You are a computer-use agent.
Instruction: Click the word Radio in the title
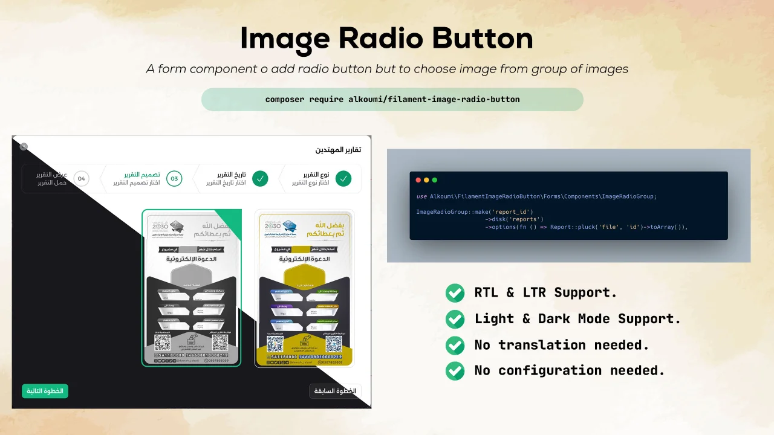pyautogui.click(x=374, y=39)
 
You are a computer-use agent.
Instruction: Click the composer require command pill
pyautogui.click(x=392, y=100)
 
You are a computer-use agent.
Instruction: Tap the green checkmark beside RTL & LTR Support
pyautogui.click(x=455, y=293)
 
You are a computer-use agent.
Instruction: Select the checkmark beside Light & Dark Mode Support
pyautogui.click(x=455, y=319)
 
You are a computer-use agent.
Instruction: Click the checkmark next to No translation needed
pyautogui.click(x=455, y=345)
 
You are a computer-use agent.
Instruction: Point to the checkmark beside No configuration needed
pyautogui.click(x=455, y=371)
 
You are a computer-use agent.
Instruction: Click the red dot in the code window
pyautogui.click(x=418, y=180)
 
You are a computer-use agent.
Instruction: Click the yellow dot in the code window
pyautogui.click(x=426, y=180)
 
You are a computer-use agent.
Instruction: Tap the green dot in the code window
pyautogui.click(x=434, y=180)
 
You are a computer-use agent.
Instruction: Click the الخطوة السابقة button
pyautogui.click(x=334, y=391)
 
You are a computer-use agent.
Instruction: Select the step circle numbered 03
pyautogui.click(x=174, y=179)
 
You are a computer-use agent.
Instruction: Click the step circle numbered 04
pyautogui.click(x=82, y=179)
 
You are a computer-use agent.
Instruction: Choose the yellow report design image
pyautogui.click(x=304, y=288)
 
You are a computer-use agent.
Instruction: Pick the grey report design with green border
pyautogui.click(x=192, y=288)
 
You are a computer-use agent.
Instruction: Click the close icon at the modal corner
pyautogui.click(x=24, y=147)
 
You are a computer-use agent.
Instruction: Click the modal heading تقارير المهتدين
pyautogui.click(x=338, y=150)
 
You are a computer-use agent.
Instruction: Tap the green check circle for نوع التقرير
pyautogui.click(x=343, y=179)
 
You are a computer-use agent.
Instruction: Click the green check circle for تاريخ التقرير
pyautogui.click(x=260, y=179)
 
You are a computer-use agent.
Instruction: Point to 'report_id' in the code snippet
pyautogui.click(x=511, y=212)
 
